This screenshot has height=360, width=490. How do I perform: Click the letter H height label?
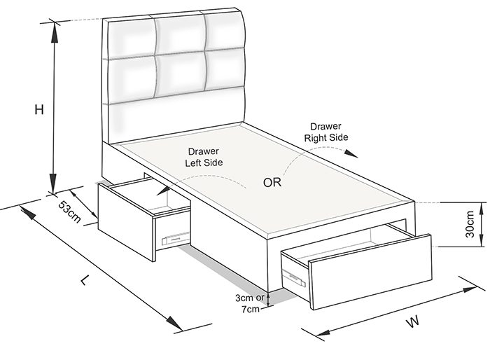[x=39, y=110]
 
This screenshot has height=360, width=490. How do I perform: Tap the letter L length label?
[x=85, y=280]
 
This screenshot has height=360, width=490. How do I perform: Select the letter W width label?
[x=413, y=322]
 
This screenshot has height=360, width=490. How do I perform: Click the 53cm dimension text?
[x=70, y=212]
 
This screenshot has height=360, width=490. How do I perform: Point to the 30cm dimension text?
[x=470, y=224]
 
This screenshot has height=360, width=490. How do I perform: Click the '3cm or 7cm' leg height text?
[x=250, y=303]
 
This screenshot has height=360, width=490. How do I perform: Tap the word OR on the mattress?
[x=272, y=182]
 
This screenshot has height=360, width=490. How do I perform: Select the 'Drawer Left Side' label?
[x=204, y=157]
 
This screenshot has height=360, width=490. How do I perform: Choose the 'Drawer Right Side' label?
[x=326, y=132]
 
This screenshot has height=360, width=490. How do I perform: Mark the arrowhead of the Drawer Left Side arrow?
[x=163, y=191]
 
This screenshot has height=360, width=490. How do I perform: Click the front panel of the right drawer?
[x=371, y=272]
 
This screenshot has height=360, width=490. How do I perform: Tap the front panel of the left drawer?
[x=125, y=221]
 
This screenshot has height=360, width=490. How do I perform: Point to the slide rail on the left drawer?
[x=175, y=238]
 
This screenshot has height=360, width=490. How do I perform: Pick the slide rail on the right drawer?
[x=294, y=278]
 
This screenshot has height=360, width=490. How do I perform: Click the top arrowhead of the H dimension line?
[x=55, y=32]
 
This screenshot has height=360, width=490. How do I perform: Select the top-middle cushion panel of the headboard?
[x=181, y=34]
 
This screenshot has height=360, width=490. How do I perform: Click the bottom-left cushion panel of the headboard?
[x=132, y=77]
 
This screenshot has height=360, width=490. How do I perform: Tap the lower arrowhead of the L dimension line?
[x=174, y=322]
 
